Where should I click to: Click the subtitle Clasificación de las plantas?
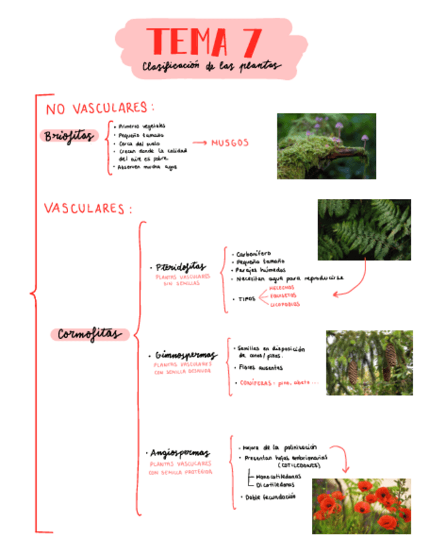point(211,66)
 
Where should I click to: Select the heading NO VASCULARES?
point(99,107)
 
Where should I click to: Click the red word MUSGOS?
point(230,143)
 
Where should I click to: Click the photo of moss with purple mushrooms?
point(326,146)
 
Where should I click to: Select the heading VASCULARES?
point(88,209)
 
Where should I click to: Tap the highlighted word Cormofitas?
point(90,334)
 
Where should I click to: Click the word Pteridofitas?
point(181,267)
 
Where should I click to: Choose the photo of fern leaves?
point(364,229)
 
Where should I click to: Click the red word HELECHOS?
point(282,287)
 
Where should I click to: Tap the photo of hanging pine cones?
point(369,362)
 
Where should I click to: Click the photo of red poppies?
point(361,505)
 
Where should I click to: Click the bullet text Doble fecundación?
point(269,497)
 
